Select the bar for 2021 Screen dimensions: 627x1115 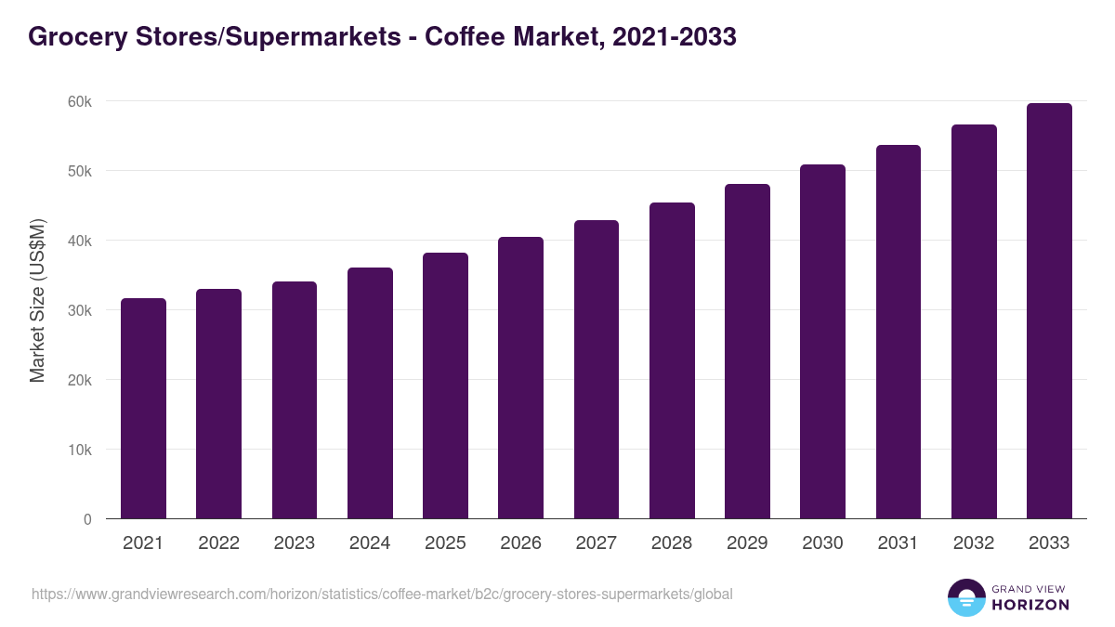pos(143,409)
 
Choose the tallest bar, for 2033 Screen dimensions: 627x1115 pos(1049,311)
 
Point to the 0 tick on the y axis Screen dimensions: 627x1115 pos(87,519)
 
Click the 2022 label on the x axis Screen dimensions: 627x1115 pos(218,543)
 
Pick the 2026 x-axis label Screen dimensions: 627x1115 pos(520,543)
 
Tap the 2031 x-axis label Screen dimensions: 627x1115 pos(898,543)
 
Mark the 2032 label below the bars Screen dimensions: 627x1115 pos(974,543)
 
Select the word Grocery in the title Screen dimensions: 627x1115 pos(73,36)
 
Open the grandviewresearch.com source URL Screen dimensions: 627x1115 pos(382,594)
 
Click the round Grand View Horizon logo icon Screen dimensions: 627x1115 pos(965,597)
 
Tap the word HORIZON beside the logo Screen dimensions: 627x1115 pos(1030,605)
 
